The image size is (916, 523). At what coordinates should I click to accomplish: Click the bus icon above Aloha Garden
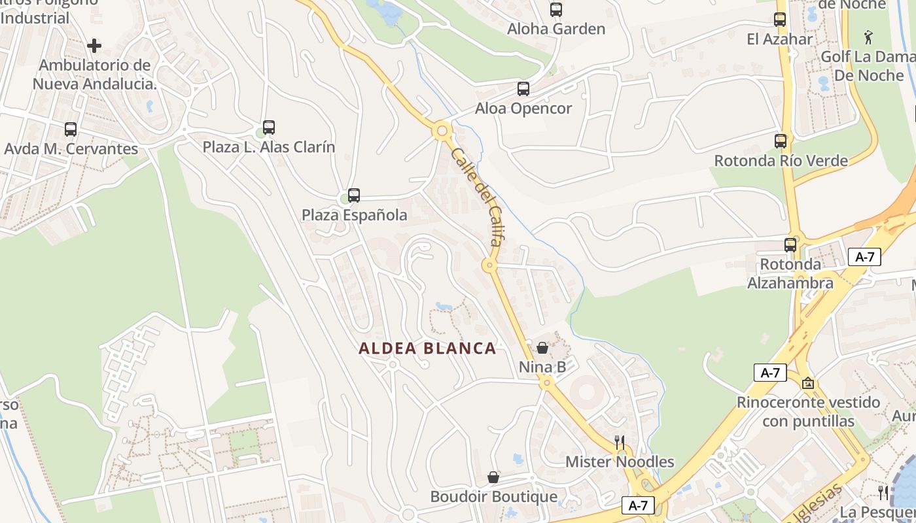point(555,10)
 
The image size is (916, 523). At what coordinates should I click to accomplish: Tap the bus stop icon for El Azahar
point(779,20)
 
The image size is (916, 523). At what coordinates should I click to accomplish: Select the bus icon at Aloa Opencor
point(523,89)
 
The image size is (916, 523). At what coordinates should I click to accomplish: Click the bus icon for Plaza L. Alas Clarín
point(268,127)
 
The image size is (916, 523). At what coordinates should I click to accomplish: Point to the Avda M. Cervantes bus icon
point(71,129)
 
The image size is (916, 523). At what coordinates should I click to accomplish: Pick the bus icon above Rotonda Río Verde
point(780,141)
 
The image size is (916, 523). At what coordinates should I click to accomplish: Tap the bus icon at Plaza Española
point(354,195)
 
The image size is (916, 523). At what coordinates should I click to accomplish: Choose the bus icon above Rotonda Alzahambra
point(790,245)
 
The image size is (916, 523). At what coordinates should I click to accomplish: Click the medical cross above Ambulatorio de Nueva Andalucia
point(94,46)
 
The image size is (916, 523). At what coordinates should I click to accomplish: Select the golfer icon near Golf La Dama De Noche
point(868,37)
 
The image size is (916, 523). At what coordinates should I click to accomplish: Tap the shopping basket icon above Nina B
point(542,348)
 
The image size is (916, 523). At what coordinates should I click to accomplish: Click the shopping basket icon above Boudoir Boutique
point(493,477)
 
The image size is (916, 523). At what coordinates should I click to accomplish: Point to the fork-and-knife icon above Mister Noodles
point(620,443)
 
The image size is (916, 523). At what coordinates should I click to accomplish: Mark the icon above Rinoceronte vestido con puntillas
point(808,383)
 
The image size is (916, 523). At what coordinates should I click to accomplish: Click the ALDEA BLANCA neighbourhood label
point(427,348)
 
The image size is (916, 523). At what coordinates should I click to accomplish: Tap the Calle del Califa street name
point(476,196)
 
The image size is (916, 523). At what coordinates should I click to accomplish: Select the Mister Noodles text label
point(620,462)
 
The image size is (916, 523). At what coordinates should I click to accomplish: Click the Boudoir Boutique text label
point(493,497)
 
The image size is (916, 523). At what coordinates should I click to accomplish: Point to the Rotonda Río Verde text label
point(781,161)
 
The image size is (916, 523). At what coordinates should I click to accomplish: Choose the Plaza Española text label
point(354,215)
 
